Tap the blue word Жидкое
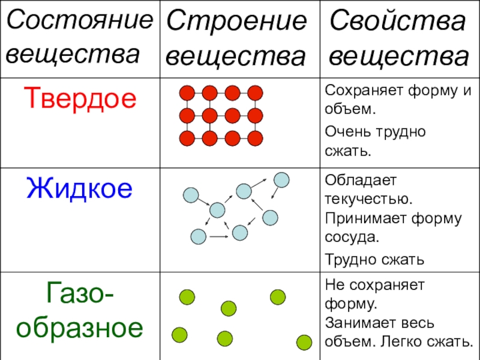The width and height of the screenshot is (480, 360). point(79,188)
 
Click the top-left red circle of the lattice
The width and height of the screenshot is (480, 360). point(187,93)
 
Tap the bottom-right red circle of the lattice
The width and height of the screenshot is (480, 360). point(256,139)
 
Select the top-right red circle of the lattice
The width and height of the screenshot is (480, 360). point(256,93)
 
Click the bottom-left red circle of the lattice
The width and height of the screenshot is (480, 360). point(187,139)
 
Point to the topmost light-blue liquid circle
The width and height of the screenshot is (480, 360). point(281,179)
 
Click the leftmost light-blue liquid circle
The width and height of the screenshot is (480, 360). point(190,195)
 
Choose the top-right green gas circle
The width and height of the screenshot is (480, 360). point(277,297)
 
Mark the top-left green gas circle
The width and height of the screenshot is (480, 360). point(187,296)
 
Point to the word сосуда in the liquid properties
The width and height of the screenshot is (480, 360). point(352,236)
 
